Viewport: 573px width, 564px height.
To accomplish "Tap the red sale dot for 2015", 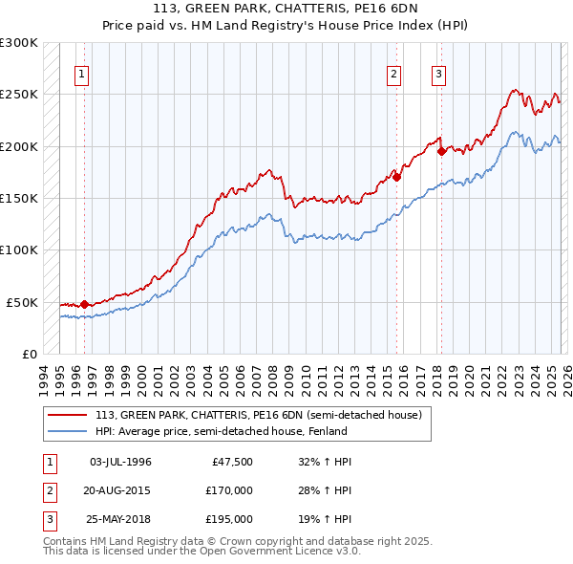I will (396, 177).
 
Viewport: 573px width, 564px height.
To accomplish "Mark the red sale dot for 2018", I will (441, 151).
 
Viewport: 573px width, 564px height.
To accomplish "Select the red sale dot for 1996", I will (85, 304).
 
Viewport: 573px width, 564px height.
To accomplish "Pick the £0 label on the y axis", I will (29, 354).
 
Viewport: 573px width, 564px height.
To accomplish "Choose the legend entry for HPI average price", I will (201, 431).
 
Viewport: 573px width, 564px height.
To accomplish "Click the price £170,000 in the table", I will (229, 490).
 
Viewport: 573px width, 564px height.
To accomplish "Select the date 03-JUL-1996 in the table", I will (120, 462).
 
